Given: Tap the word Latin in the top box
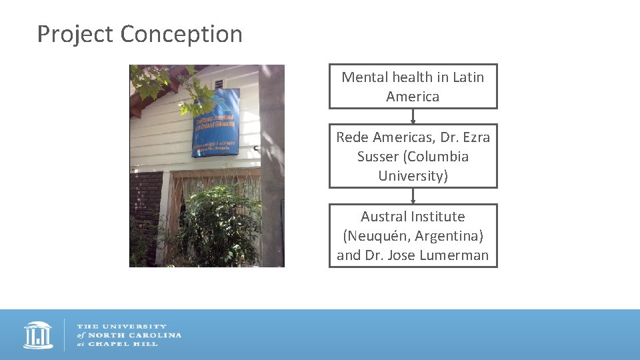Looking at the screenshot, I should [x=468, y=77].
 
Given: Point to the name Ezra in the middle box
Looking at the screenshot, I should [x=475, y=137].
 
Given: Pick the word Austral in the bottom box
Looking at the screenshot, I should [x=384, y=217].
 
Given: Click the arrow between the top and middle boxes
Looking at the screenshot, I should [x=413, y=117].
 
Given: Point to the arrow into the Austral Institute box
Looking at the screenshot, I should [x=413, y=196].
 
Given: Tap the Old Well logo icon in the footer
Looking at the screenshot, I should [x=38, y=335].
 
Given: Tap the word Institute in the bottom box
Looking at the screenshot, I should [x=438, y=217].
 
